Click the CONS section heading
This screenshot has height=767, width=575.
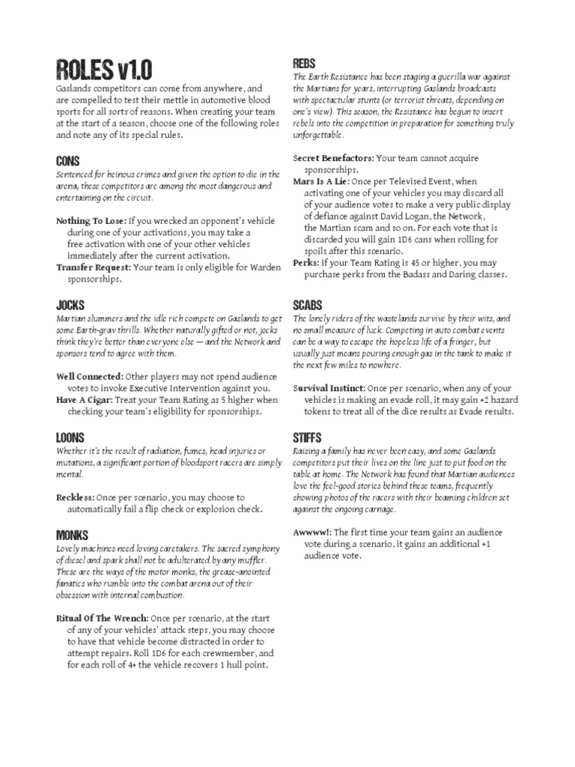click(x=67, y=161)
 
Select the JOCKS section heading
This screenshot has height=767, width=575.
click(x=70, y=305)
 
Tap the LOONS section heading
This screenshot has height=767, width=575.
click(x=70, y=437)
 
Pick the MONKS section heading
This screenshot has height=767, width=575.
click(x=72, y=535)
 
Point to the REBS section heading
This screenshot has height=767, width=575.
click(x=304, y=63)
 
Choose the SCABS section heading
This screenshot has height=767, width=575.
click(x=308, y=305)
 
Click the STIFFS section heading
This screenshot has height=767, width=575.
click(x=308, y=437)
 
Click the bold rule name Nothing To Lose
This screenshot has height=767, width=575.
click(x=91, y=221)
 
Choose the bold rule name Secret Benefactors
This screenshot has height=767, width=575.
click(x=333, y=158)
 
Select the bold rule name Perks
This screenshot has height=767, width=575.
click(x=305, y=263)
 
